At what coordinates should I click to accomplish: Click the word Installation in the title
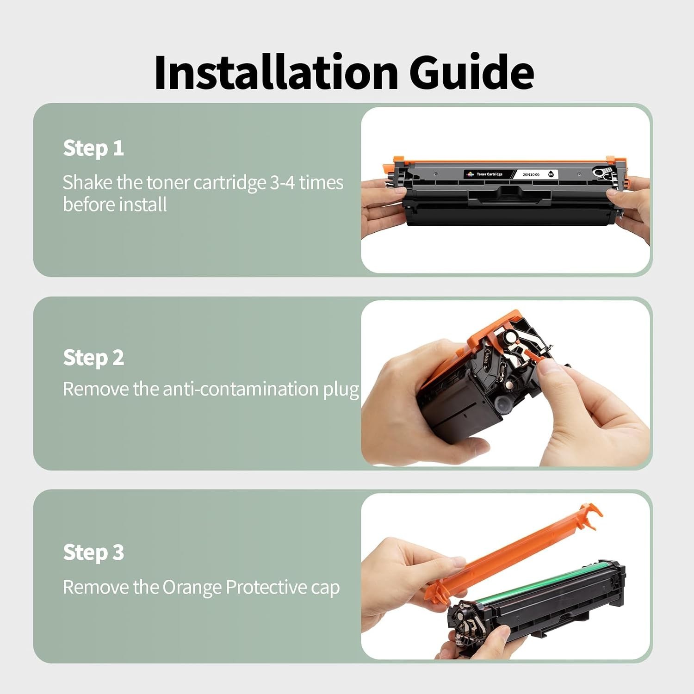coord(276,72)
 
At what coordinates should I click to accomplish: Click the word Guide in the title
coord(472,72)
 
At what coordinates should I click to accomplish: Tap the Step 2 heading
coord(93,358)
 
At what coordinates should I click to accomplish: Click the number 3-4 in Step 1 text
coord(282,182)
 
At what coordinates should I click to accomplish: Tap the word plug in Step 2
coord(341,390)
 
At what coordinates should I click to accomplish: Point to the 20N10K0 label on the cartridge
coord(531,174)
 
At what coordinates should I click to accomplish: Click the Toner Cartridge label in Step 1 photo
coord(490,174)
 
